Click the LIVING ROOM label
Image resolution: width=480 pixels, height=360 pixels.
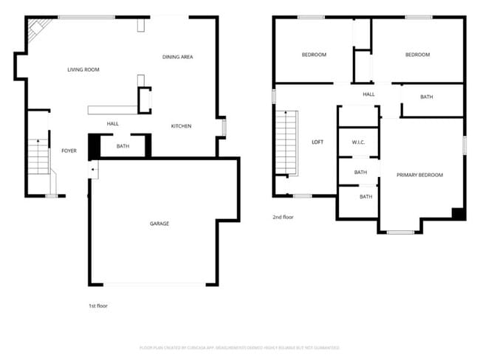[83, 70]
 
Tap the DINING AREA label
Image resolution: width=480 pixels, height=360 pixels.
[178, 57]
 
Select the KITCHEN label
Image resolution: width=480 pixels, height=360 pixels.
[182, 126]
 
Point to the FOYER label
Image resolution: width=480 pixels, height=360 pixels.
[69, 150]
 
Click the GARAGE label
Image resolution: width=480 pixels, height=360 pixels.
[160, 224]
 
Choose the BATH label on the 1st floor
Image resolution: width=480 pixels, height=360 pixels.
[123, 146]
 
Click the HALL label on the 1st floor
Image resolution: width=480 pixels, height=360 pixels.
[113, 124]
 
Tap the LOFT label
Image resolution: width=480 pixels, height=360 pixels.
[318, 142]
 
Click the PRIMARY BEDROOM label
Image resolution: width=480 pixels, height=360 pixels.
[419, 175]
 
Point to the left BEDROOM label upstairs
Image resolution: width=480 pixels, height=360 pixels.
[314, 55]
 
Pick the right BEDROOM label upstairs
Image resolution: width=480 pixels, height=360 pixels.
[417, 55]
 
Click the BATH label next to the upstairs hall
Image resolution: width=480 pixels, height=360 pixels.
[427, 97]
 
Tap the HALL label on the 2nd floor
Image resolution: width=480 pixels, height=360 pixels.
[368, 94]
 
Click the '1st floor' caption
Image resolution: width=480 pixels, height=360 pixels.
[97, 305]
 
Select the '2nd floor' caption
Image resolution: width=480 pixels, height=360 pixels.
[283, 218]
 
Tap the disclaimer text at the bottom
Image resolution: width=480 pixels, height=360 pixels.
[239, 347]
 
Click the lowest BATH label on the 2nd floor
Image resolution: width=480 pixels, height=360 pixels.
[366, 197]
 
